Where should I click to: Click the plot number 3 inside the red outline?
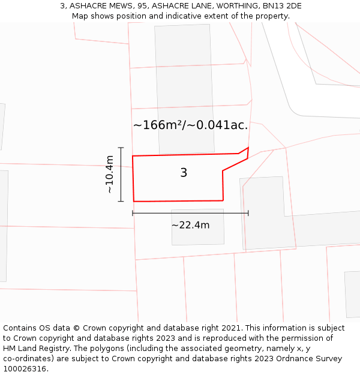click(x=184, y=173)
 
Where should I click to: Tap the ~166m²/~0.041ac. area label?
click(x=190, y=125)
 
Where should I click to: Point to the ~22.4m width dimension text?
click(x=190, y=226)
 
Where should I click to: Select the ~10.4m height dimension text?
click(x=109, y=174)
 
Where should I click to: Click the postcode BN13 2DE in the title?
click(x=281, y=6)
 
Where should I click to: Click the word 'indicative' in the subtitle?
click(x=172, y=16)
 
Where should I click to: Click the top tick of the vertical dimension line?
click(x=121, y=148)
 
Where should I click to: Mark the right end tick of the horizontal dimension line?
click(x=248, y=212)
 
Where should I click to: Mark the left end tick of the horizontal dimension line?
click(x=133, y=212)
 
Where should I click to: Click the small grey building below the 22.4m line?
click(x=197, y=227)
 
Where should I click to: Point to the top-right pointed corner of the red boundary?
click(x=248, y=148)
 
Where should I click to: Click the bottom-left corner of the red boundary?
click(x=134, y=201)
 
